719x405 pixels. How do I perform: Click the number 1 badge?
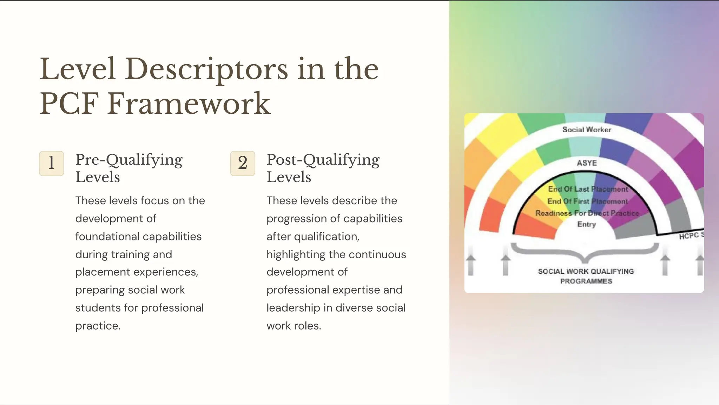tap(51, 163)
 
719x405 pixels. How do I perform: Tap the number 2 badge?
tap(242, 163)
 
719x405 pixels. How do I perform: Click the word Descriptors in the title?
tap(206, 69)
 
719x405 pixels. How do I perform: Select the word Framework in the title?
tap(189, 104)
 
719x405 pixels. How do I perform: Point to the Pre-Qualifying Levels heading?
tap(129, 168)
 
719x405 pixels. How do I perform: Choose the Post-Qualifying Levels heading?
tap(323, 168)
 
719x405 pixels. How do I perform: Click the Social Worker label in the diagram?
tap(587, 130)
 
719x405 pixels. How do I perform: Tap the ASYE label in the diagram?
tap(587, 163)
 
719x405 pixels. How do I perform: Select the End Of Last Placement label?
tap(588, 189)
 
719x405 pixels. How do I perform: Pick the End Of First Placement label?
tap(587, 201)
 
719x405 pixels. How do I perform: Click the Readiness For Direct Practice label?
tap(587, 213)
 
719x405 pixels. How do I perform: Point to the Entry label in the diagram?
tap(586, 224)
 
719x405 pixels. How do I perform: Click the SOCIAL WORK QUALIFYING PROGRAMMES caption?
tap(586, 276)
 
